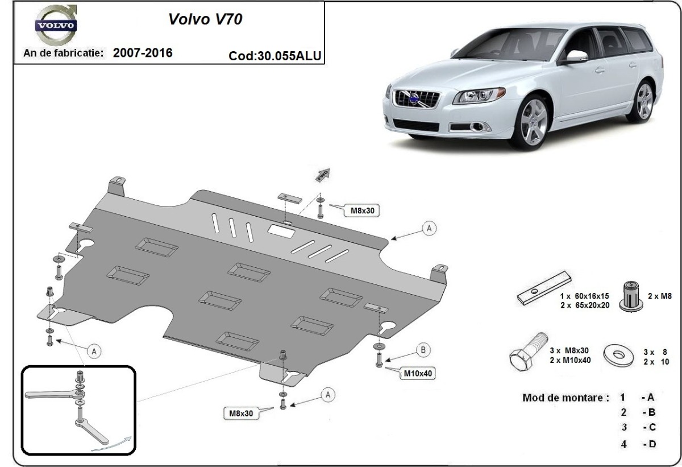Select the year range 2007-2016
click(143, 53)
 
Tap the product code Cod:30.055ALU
click(275, 56)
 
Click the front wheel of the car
click(533, 123)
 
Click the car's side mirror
click(575, 56)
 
